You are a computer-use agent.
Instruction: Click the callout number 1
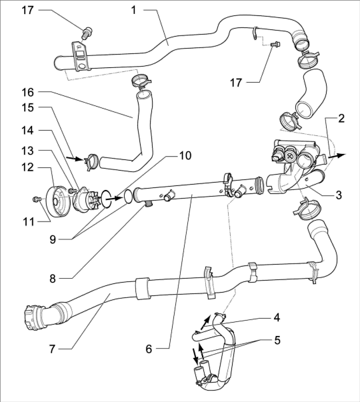[x=133, y=10]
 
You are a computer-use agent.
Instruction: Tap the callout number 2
[x=341, y=119]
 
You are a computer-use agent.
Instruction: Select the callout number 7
[x=52, y=349]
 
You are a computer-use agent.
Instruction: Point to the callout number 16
[x=27, y=92]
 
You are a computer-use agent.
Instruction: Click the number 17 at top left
[x=27, y=10]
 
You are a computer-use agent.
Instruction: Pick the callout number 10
[x=185, y=155]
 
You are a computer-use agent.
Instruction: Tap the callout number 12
[x=27, y=167]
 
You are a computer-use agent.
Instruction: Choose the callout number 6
[x=149, y=349]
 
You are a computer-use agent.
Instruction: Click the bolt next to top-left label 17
[x=87, y=33]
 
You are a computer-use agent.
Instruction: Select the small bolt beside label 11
[x=37, y=199]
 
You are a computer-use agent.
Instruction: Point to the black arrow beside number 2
[x=337, y=155]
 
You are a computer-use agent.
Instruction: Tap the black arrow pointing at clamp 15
[x=75, y=159]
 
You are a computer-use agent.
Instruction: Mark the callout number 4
[x=277, y=318]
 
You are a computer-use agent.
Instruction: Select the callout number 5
[x=277, y=341]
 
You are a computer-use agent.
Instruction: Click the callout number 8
[x=53, y=279]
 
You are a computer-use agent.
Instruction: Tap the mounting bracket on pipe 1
[x=80, y=57]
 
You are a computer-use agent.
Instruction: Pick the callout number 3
[x=339, y=195]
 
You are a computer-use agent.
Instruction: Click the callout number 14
[x=27, y=131]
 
